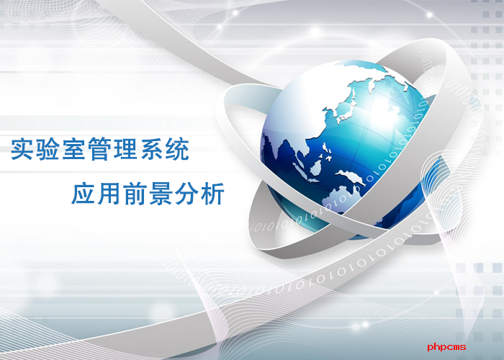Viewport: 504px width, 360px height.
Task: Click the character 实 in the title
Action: click(x=22, y=149)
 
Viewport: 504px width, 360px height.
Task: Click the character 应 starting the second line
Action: click(x=84, y=193)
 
